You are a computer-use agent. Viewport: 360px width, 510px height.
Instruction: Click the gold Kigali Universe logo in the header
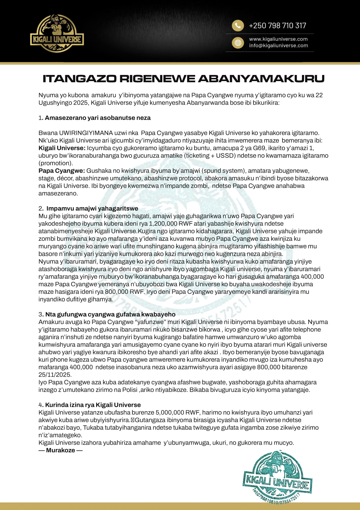[x=57, y=34]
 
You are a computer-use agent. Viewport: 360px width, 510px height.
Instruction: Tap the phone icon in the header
[x=237, y=26]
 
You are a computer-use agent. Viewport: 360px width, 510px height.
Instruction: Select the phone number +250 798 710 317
[x=277, y=26]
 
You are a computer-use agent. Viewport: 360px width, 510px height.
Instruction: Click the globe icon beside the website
[x=237, y=43]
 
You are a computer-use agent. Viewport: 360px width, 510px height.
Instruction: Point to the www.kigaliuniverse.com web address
[x=278, y=39]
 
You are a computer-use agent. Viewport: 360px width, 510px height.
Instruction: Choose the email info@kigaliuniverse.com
[x=278, y=46]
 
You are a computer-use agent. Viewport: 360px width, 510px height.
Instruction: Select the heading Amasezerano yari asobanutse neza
[x=98, y=118]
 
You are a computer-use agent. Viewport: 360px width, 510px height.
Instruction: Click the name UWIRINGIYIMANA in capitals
[x=86, y=133]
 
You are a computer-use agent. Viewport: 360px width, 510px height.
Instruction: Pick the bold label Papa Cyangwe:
[x=62, y=171]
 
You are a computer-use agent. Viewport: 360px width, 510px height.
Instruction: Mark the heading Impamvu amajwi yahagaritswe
[x=92, y=209]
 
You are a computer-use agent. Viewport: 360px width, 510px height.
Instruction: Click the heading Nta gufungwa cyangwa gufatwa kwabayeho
[x=110, y=314]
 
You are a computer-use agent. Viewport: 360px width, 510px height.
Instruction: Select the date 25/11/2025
[x=55, y=375]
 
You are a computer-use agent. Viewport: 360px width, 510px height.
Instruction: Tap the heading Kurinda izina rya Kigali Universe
[x=93, y=405]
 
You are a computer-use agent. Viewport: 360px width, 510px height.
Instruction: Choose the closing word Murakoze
[x=60, y=450]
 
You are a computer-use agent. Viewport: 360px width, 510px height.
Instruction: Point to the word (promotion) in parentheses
[x=56, y=163]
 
